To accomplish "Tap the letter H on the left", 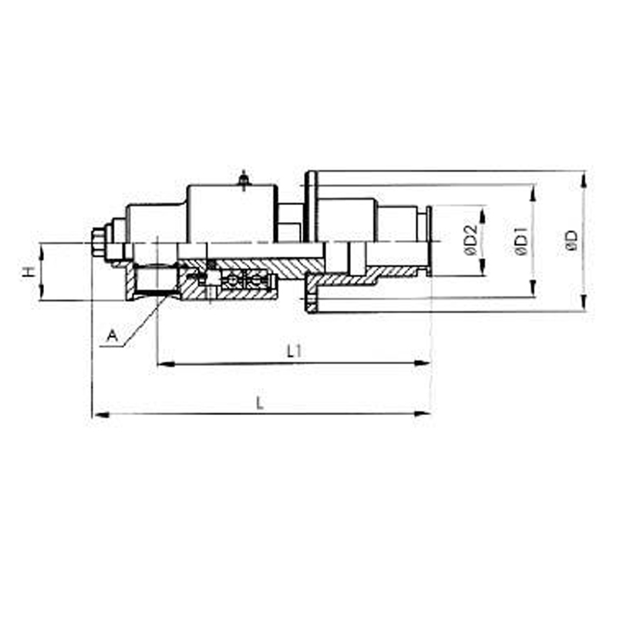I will tap(29, 272).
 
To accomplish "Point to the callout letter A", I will tap(112, 335).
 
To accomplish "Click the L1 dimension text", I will tap(294, 352).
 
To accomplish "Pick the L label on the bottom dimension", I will tap(260, 403).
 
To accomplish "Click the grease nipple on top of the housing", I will tap(244, 180).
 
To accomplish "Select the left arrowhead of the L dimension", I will tap(97, 414).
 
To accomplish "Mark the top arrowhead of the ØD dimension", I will tap(584, 176).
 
